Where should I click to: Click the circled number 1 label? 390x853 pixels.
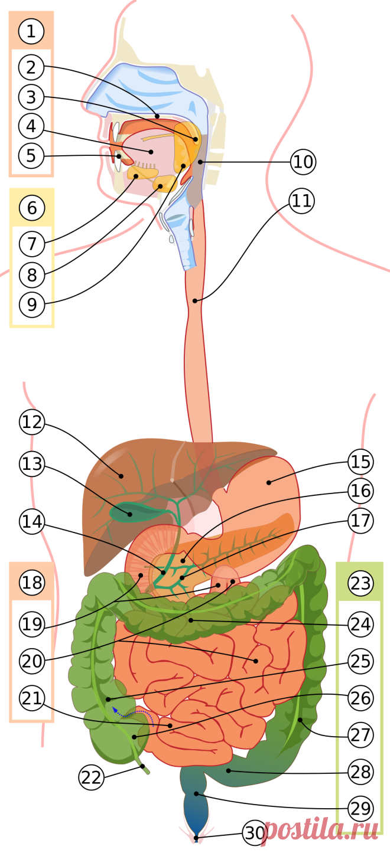(31, 31)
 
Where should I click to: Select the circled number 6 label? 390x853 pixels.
(32, 208)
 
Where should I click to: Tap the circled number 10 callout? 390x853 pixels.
(304, 162)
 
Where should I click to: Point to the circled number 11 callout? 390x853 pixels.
(301, 201)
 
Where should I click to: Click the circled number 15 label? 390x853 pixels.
(360, 462)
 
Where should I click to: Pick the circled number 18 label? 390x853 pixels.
(32, 582)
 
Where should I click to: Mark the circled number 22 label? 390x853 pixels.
(91, 777)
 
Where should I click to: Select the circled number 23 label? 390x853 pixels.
(360, 583)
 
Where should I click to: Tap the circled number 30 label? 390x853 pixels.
(255, 833)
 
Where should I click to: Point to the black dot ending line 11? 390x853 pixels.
(195, 301)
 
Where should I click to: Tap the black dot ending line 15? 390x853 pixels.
(269, 482)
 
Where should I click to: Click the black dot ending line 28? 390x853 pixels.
(228, 771)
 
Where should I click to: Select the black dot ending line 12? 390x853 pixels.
(121, 476)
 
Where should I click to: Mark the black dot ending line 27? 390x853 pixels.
(300, 720)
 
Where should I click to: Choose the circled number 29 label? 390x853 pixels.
(360, 808)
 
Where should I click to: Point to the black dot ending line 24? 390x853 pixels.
(191, 620)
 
